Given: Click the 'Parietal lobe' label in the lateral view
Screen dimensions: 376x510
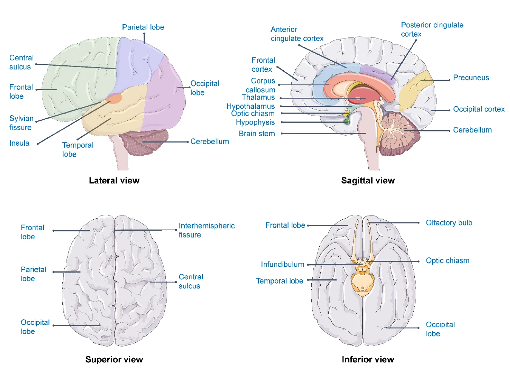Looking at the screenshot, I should pos(143,27).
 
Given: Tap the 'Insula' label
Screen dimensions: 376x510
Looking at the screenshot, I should pos(19,143).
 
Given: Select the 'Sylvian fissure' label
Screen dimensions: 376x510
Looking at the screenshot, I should pos(21,123).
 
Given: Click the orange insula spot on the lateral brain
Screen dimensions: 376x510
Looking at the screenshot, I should pos(114,99).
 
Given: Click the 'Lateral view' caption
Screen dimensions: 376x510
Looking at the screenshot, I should pos(114,180).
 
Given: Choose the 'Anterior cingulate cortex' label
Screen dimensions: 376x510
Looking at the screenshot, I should pos(297,34).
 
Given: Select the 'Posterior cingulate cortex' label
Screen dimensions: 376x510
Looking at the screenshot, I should pos(432,29).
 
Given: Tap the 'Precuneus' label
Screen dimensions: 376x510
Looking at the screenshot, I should pos(471,78).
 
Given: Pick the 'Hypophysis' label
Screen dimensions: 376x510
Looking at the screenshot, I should pos(255,122).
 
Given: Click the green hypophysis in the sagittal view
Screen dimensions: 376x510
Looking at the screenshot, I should pos(346,122).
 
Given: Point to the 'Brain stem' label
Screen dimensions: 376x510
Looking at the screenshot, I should pos(257,134).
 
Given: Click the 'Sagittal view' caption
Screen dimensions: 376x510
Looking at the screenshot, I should pos(368,180).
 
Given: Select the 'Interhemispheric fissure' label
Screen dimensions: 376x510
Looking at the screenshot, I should pos(206,230).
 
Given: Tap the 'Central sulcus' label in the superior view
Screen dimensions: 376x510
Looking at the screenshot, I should pos(190,281).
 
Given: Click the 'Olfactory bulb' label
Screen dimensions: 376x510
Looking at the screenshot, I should pos(449,223).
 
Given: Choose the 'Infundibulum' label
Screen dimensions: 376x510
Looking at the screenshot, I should pos(282,264).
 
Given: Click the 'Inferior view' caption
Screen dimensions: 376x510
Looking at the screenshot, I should pos(368,359).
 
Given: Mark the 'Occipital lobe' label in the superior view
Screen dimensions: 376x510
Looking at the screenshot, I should pos(35,327).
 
